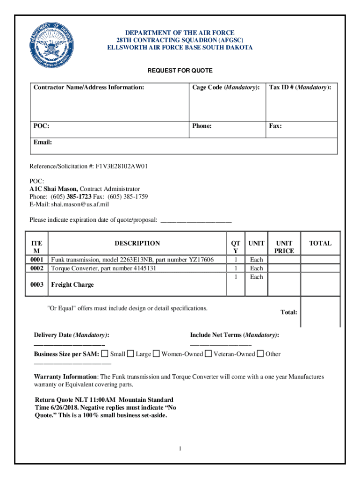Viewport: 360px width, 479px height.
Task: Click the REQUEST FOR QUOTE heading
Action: tap(180, 71)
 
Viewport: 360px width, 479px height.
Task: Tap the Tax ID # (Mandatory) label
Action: tap(300, 87)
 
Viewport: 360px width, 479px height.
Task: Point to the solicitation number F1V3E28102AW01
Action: tap(122, 166)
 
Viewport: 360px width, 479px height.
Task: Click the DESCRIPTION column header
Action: tap(137, 243)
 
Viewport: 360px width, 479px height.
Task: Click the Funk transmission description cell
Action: tap(132, 260)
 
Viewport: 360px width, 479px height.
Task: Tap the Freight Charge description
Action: tap(72, 284)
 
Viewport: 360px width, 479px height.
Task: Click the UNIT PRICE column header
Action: tap(284, 247)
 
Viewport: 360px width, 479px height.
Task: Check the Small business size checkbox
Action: tap(105, 354)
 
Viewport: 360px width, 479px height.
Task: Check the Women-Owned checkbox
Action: tap(157, 354)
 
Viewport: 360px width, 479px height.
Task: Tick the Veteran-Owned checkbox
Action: tap(209, 354)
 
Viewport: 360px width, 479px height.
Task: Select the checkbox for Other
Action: tap(260, 354)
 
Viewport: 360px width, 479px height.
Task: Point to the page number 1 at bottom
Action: tap(180, 449)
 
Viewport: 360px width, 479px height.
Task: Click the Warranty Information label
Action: tap(65, 377)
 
